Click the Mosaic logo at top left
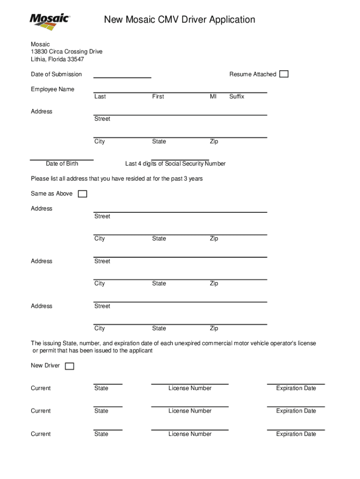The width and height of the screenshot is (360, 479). [x=50, y=22]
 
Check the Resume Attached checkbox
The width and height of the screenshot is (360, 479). [x=284, y=74]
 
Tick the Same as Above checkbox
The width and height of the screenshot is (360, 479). [x=82, y=194]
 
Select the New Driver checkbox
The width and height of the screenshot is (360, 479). [x=69, y=366]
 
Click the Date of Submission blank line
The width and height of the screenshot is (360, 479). [x=122, y=76]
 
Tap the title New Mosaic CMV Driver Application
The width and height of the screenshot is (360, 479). [x=180, y=20]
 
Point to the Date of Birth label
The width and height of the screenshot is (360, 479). [x=62, y=164]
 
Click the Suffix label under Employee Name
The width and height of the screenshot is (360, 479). [x=237, y=96]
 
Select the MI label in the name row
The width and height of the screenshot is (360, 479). [x=213, y=96]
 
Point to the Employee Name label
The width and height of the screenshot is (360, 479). [x=52, y=89]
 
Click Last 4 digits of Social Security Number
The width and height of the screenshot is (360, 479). [x=175, y=164]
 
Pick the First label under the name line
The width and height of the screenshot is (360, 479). [x=158, y=96]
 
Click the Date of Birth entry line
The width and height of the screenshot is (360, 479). [x=62, y=159]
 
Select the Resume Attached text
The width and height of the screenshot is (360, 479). [x=252, y=74]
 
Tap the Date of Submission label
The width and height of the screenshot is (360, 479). [x=56, y=74]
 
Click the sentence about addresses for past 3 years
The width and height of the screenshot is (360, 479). [x=117, y=179]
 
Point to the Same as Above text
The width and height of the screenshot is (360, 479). [x=51, y=194]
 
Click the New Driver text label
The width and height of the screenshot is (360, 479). [x=45, y=365]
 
